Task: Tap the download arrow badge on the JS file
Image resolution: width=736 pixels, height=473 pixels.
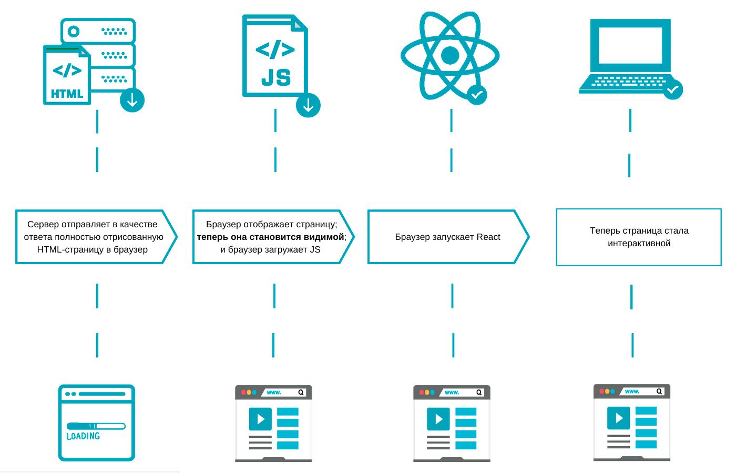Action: [x=308, y=105]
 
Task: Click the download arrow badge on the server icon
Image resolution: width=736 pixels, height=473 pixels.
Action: [x=132, y=100]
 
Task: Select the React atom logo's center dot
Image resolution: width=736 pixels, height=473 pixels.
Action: [x=450, y=55]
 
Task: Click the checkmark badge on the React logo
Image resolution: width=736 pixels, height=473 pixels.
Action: [x=477, y=95]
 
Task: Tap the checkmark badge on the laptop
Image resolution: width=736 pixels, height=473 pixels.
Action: [x=672, y=89]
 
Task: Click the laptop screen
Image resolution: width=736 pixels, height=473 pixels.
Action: [x=630, y=45]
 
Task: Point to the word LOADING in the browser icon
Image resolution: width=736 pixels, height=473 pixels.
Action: [x=83, y=436]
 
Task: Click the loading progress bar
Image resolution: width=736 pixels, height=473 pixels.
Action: [x=96, y=426]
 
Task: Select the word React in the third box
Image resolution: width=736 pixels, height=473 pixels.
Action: [x=488, y=237]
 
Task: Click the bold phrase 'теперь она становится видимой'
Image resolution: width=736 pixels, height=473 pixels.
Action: [x=270, y=237]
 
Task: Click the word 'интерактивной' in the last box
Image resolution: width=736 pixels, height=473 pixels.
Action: [x=639, y=243]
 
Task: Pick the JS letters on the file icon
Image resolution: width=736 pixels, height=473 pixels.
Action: [x=276, y=77]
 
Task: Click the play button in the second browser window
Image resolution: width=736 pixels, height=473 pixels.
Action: [x=261, y=419]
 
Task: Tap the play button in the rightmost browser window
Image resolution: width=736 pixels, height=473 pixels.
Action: [x=619, y=418]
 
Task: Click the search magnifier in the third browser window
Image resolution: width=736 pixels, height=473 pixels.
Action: [x=479, y=393]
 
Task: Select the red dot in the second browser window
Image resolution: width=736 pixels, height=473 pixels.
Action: [x=243, y=393]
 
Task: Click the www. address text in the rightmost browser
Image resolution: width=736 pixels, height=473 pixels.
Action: [x=632, y=391]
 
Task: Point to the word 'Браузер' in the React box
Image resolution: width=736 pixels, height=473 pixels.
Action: [x=412, y=237]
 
